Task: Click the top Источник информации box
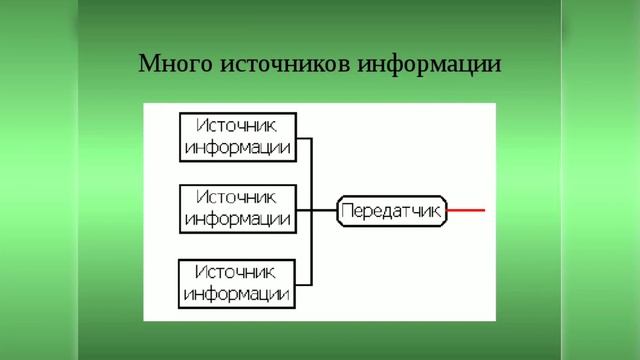pyautogui.click(x=238, y=137)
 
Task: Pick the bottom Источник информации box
pyautogui.click(x=238, y=283)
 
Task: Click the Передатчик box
pyautogui.click(x=392, y=211)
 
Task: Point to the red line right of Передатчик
pyautogui.click(x=466, y=211)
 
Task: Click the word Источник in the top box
pyautogui.click(x=238, y=126)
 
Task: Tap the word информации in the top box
pyautogui.click(x=238, y=148)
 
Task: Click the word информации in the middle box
pyautogui.click(x=238, y=220)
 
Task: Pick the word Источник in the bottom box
pyautogui.click(x=238, y=272)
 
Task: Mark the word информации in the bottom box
pyautogui.click(x=238, y=294)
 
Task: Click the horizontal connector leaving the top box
pyautogui.click(x=304, y=138)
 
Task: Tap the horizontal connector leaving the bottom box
pyautogui.click(x=304, y=283)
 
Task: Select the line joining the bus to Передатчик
pyautogui.click(x=325, y=211)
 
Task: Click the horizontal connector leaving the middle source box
pyautogui.click(x=304, y=211)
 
